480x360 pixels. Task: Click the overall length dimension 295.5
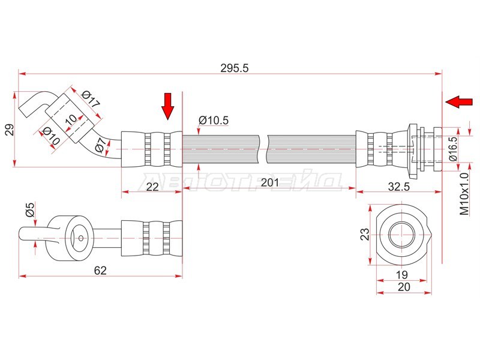point(235,68)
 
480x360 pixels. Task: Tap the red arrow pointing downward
point(168,106)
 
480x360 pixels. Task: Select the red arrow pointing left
point(458,101)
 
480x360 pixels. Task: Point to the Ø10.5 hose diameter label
point(214,121)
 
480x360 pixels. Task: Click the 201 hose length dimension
point(269,183)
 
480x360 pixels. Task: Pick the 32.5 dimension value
point(398,187)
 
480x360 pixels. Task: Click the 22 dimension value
point(152,187)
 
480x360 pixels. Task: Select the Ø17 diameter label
point(91,98)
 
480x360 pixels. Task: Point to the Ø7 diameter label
point(102,145)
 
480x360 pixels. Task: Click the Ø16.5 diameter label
point(453,149)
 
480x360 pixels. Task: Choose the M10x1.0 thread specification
point(464,194)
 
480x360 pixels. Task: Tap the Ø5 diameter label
point(30,209)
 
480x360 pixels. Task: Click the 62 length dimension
point(100,271)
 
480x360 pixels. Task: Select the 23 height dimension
point(365,235)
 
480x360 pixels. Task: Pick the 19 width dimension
point(401,275)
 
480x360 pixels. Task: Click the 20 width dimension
point(404,287)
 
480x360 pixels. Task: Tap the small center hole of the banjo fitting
point(80,238)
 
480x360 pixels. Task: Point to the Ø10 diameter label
point(51,136)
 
